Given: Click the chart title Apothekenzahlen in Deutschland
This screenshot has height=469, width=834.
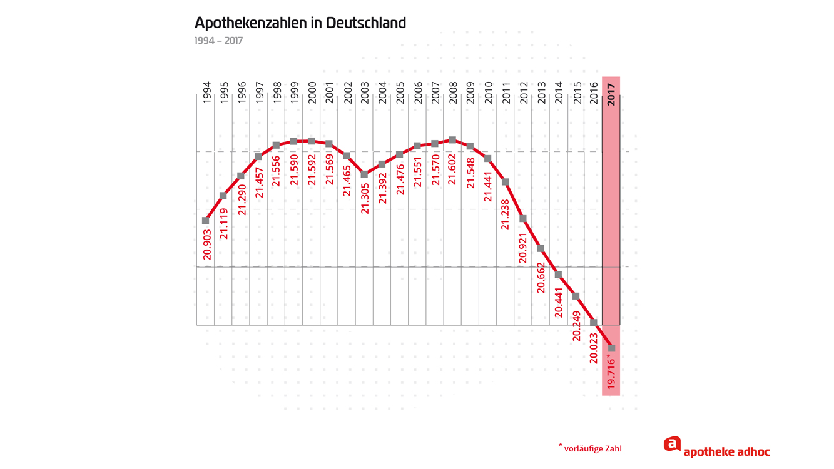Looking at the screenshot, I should pyautogui.click(x=300, y=23).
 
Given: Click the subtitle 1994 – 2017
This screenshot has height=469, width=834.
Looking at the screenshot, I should pyautogui.click(x=218, y=41).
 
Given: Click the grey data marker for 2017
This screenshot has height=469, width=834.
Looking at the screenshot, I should pyautogui.click(x=612, y=348).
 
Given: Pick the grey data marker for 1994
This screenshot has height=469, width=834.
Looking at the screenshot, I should pyautogui.click(x=206, y=221).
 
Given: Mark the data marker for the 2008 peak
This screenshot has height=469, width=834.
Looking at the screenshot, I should pyautogui.click(x=453, y=140).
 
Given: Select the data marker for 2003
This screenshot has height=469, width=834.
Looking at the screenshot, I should pyautogui.click(x=365, y=174).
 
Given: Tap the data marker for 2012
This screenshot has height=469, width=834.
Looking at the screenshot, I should pyautogui.click(x=523, y=219).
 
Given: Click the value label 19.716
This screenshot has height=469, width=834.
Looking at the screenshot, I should pyautogui.click(x=612, y=373).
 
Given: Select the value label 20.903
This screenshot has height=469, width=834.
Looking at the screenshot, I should pyautogui.click(x=207, y=245).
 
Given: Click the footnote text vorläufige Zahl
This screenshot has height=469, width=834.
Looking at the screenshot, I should pyautogui.click(x=592, y=448).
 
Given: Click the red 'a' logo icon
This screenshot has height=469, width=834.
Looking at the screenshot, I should pyautogui.click(x=672, y=444).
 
